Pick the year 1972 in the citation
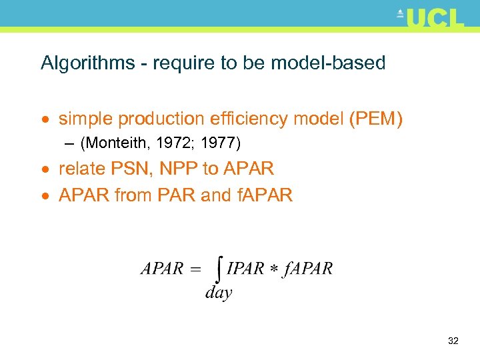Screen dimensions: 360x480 [x=173, y=143]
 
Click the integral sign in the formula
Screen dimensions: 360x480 [x=219, y=270]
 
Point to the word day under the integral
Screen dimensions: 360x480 [x=219, y=292]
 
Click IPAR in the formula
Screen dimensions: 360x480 [x=246, y=269]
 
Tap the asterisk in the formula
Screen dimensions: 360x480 [x=274, y=269]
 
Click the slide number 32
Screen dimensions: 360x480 [x=453, y=341]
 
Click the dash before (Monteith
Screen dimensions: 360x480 [x=70, y=143]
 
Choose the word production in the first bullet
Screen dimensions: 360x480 [x=161, y=119]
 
